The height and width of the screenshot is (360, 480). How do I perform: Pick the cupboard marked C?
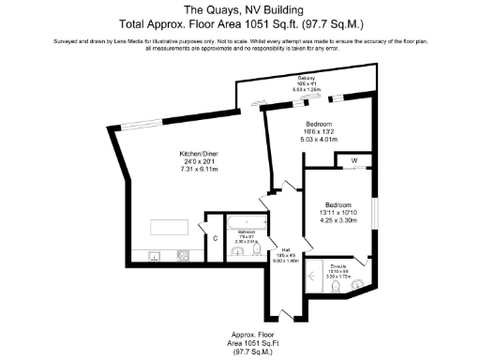tap(215, 238)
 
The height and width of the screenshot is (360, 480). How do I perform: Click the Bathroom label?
tap(247, 231)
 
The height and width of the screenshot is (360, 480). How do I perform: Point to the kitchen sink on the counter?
tap(154, 254)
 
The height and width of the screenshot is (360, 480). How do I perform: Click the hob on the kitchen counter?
tap(184, 254)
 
